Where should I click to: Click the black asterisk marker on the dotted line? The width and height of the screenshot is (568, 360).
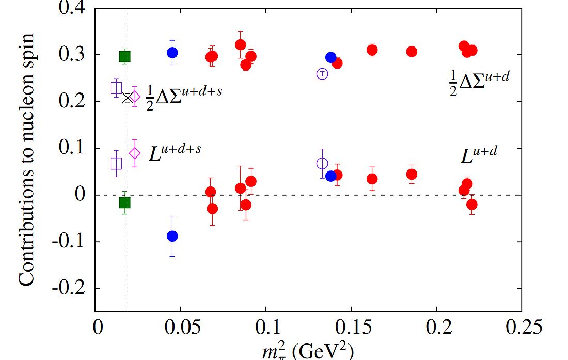click(127, 98)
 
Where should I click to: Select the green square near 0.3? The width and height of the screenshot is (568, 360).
click(124, 56)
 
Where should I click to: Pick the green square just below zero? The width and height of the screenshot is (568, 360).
click(124, 202)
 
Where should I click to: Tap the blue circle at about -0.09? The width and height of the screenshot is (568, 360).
click(172, 236)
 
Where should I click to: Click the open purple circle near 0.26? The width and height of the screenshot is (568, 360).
click(322, 74)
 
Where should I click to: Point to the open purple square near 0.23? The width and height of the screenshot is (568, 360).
click(116, 88)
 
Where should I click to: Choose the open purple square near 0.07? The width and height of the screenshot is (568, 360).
click(116, 163)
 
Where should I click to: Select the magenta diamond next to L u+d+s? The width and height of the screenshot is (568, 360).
click(135, 153)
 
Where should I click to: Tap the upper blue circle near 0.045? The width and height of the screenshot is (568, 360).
click(172, 53)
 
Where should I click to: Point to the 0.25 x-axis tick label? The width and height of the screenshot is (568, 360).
click(521, 328)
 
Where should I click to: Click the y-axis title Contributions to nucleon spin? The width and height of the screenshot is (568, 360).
click(27, 159)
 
